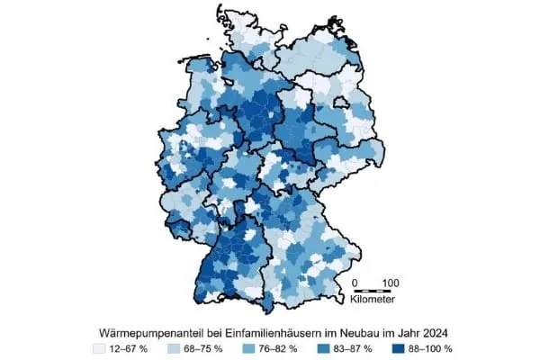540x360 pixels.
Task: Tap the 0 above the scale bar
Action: [355, 282]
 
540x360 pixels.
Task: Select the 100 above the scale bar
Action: [390, 282]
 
